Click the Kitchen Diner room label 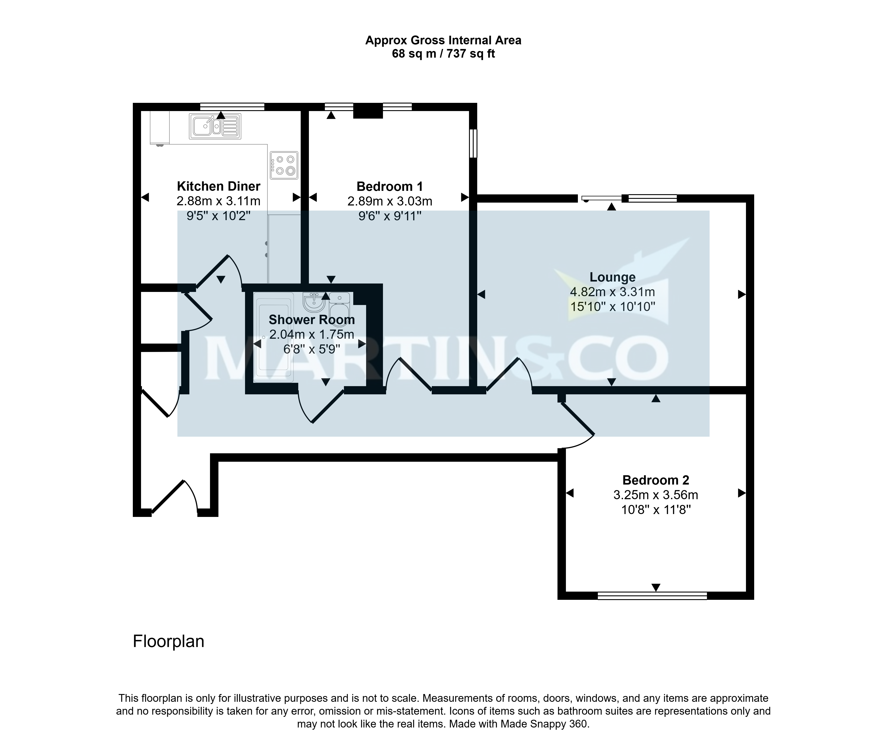pyautogui.click(x=219, y=186)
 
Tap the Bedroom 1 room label pyautogui.click(x=390, y=186)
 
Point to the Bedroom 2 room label pyautogui.click(x=656, y=480)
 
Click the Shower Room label pyautogui.click(x=312, y=320)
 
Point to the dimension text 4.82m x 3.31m pyautogui.click(x=612, y=292)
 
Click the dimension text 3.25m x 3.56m pyautogui.click(x=656, y=495)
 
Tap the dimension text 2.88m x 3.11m pyautogui.click(x=219, y=201)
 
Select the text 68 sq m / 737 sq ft pyautogui.click(x=443, y=54)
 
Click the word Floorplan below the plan pyautogui.click(x=169, y=641)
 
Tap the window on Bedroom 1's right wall pyautogui.click(x=474, y=143)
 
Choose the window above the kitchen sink pyautogui.click(x=232, y=107)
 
